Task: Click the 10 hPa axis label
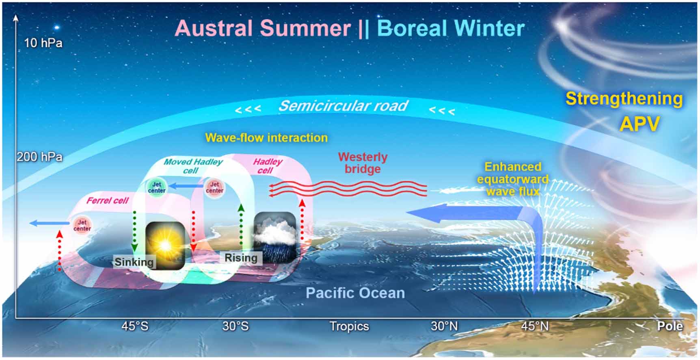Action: pos(43,43)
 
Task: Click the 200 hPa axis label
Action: pos(40,157)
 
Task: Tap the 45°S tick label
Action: pos(135,326)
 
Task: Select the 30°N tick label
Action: pos(444,326)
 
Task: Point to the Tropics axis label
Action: pos(349,326)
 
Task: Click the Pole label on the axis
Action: pos(670,326)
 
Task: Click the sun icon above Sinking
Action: pos(165,245)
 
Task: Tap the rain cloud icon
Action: pos(274,236)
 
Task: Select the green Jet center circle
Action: pos(157,188)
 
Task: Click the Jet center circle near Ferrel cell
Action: pos(82,226)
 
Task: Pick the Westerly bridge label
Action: pos(363,163)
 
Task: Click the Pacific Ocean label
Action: pos(355,293)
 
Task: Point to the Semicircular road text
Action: pos(343,106)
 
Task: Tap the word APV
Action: pos(640,124)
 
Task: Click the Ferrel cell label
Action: pos(107,201)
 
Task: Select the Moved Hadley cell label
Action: pos(192,166)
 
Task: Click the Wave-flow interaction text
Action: pos(266,138)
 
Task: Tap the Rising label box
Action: pos(241,258)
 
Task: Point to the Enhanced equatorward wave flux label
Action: pos(512,179)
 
